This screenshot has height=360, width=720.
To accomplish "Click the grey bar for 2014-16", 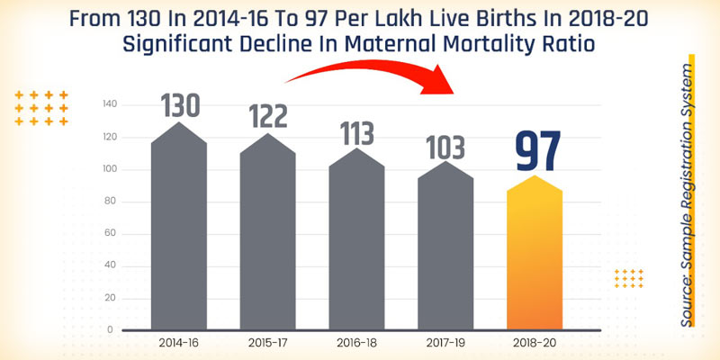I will coord(179,234).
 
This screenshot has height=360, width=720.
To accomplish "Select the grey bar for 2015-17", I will coord(267,238).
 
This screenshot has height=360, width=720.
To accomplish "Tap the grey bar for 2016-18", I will coord(356,243).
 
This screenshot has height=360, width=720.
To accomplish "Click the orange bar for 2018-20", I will coord(535,256).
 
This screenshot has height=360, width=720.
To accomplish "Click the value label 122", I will coord(268,116).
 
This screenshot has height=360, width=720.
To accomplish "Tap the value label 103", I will coord(445,145).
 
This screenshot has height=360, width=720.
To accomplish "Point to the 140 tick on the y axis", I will coord(110,104).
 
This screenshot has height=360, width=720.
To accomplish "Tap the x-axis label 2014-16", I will coord(179,343).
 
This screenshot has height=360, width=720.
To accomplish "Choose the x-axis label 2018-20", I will coord(535,343).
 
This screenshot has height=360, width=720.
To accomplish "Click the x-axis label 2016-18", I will coord(356,343).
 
